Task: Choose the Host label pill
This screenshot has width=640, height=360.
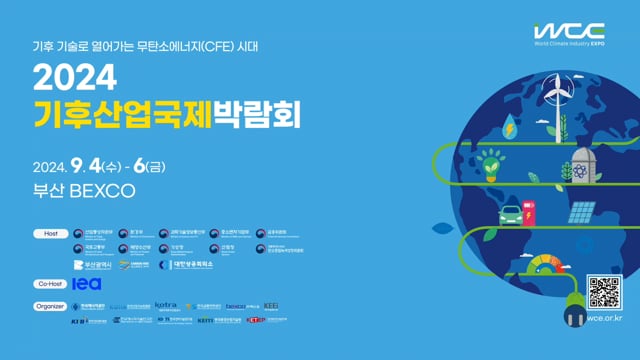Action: point(50,234)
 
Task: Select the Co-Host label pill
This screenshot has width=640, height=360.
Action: point(50,284)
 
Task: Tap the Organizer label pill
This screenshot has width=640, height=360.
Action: point(50,306)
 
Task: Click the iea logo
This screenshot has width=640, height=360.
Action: point(88,284)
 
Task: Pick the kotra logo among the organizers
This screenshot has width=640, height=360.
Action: point(166,305)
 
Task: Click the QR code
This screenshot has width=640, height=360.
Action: point(605,293)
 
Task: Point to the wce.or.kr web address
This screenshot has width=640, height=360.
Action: point(606,320)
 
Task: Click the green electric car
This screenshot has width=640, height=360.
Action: point(509,212)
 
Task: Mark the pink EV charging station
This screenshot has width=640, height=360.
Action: point(531,211)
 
